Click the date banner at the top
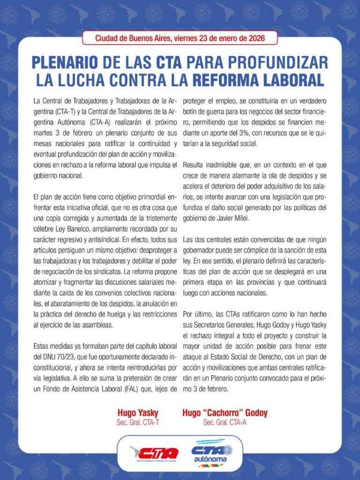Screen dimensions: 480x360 tap(180, 38)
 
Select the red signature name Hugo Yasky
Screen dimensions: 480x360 tap(138, 413)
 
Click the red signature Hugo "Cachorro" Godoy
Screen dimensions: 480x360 tap(225, 413)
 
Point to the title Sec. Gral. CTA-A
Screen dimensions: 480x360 tap(225, 422)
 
